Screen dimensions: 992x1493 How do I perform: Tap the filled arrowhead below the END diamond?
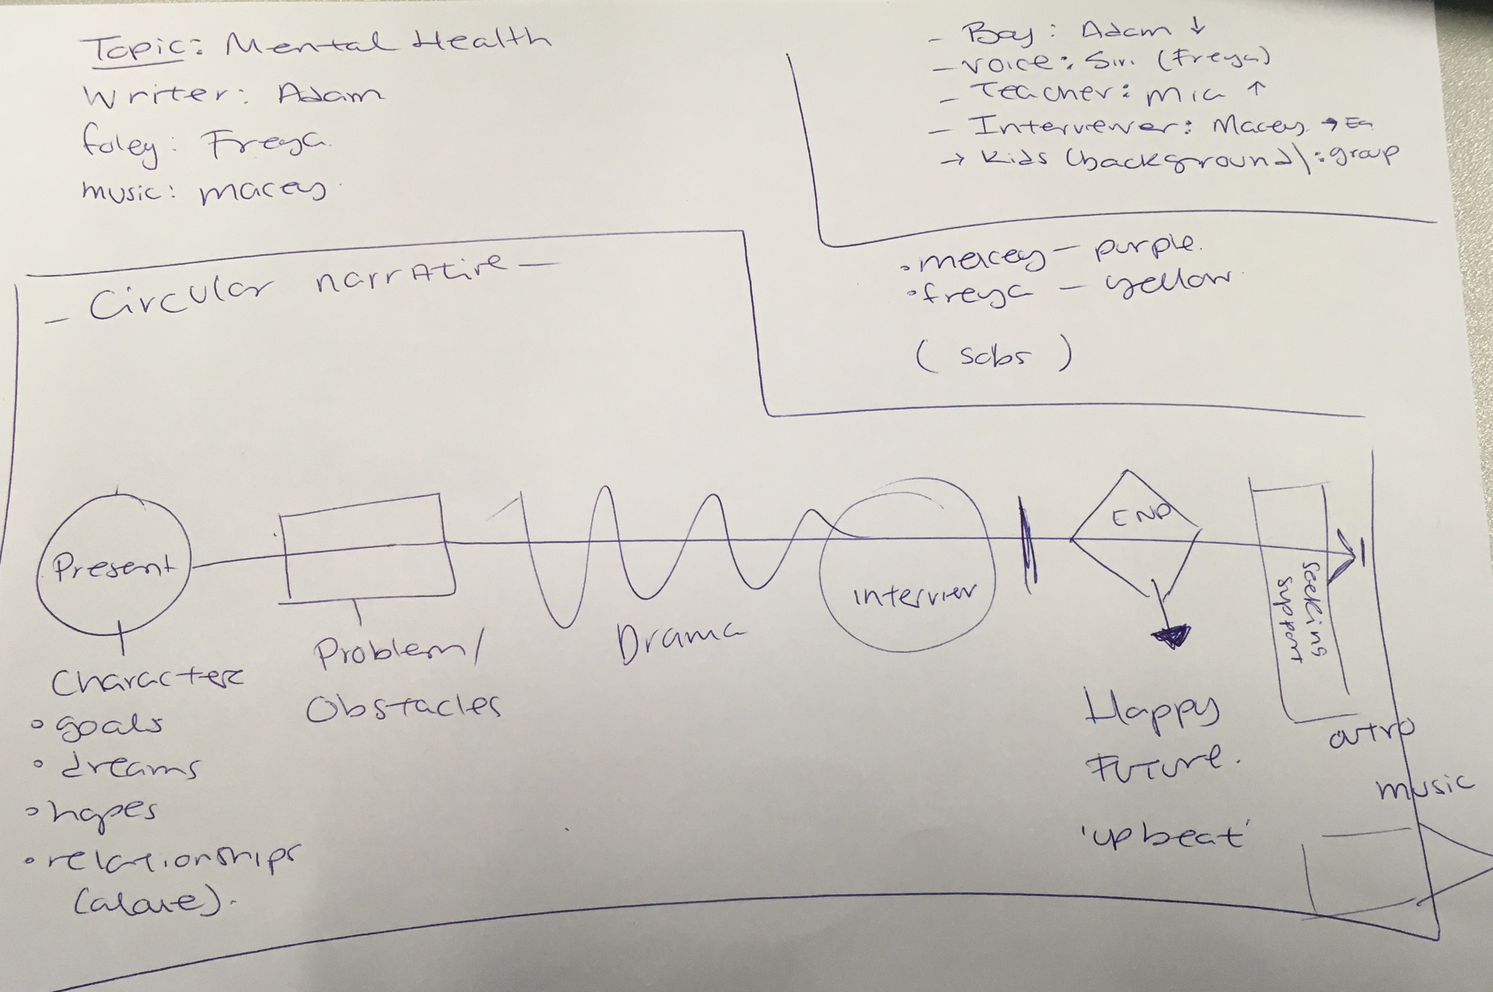click(x=1173, y=636)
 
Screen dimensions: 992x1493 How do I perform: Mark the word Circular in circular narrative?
click(x=180, y=297)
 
